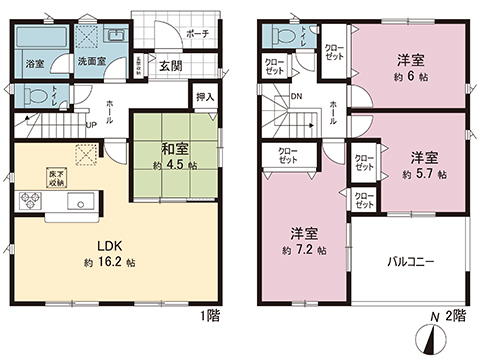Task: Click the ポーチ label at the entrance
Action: click(197, 33)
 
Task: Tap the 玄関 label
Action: click(169, 67)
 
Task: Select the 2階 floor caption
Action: click(457, 316)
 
